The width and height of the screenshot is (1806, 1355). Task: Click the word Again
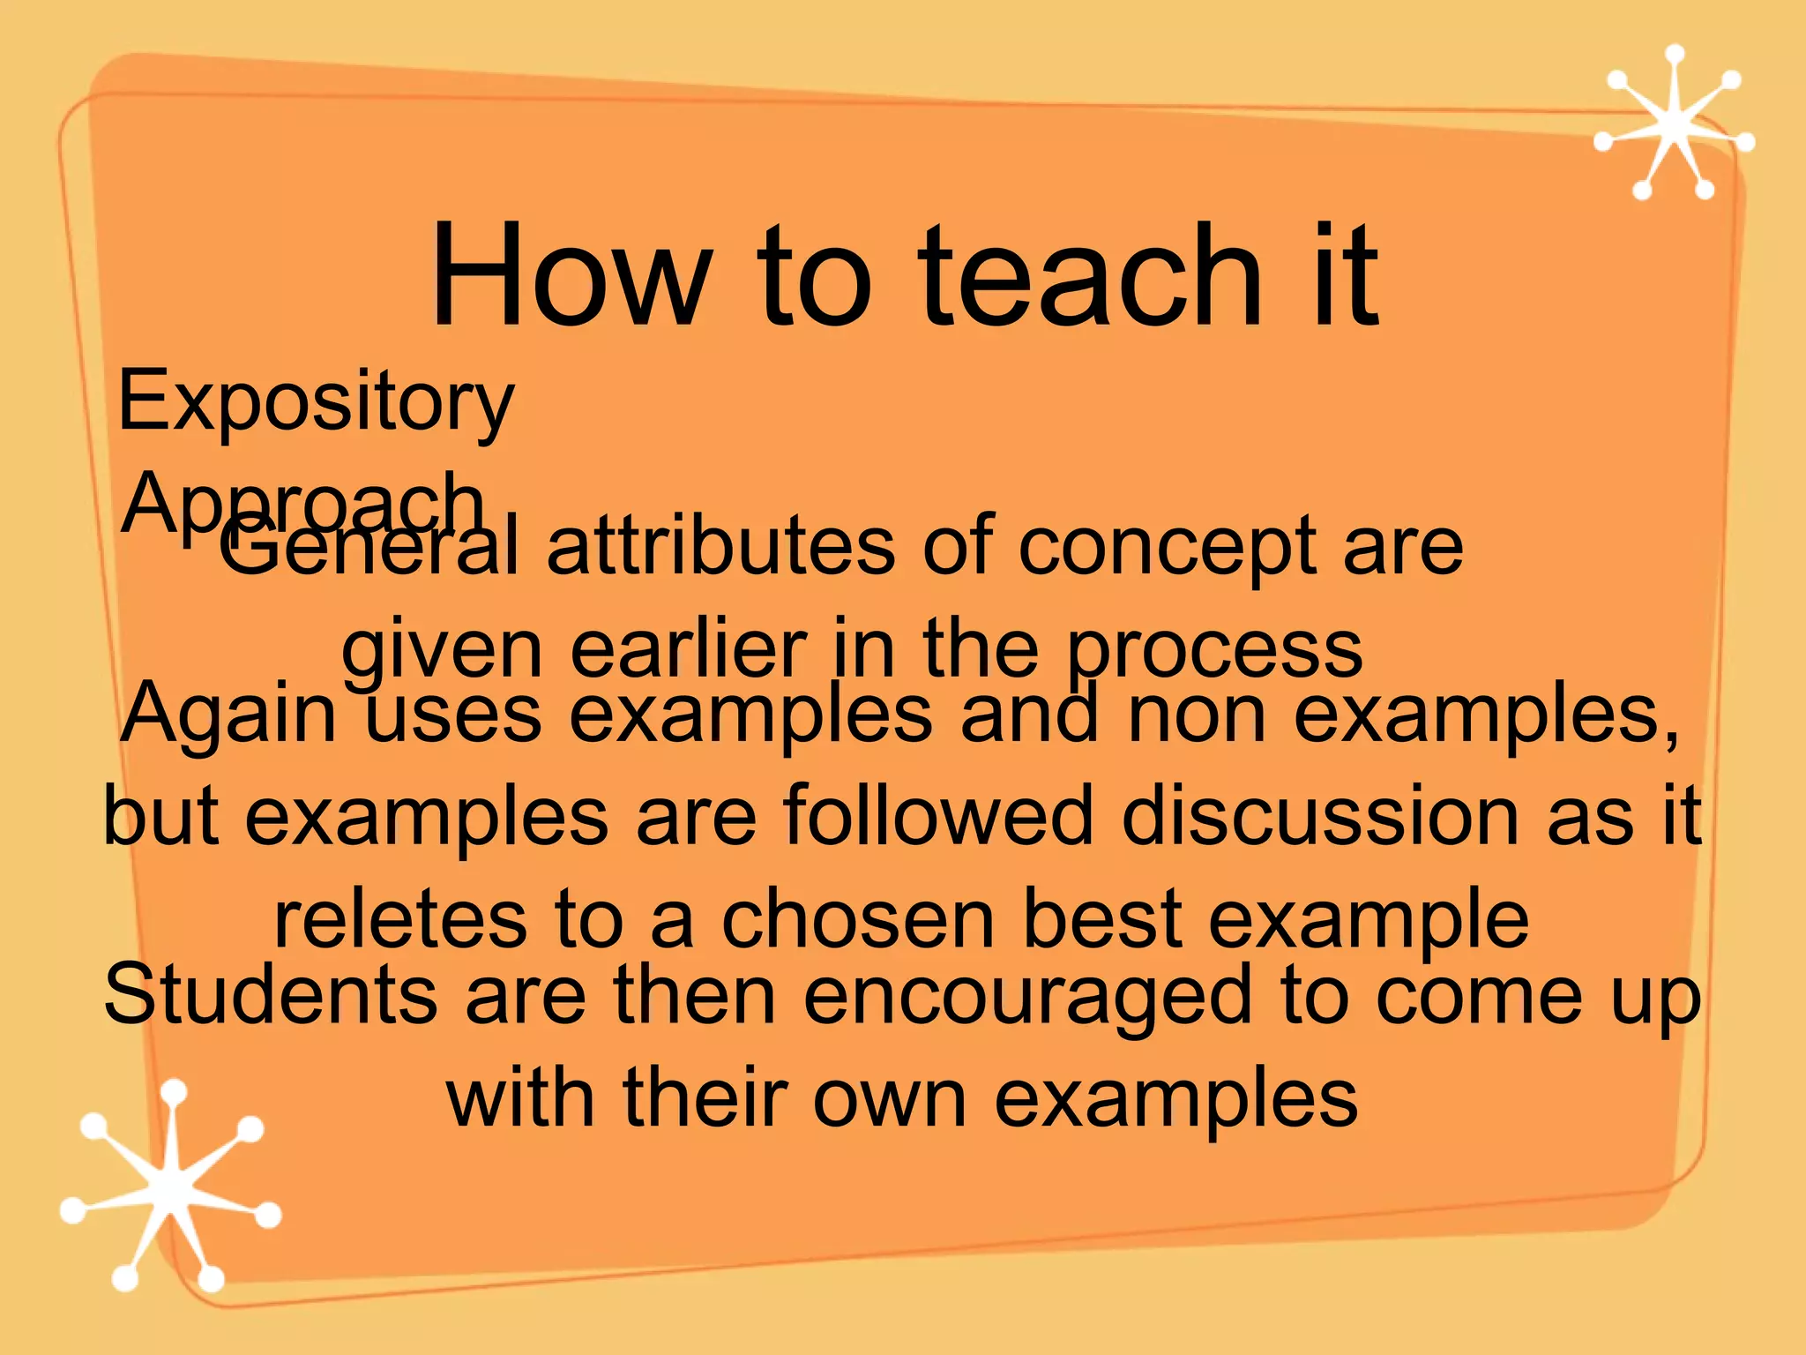[229, 715]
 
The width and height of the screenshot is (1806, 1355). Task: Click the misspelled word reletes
[400, 919]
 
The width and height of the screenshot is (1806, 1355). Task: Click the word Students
[270, 995]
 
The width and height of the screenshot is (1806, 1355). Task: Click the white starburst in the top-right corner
[1673, 124]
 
